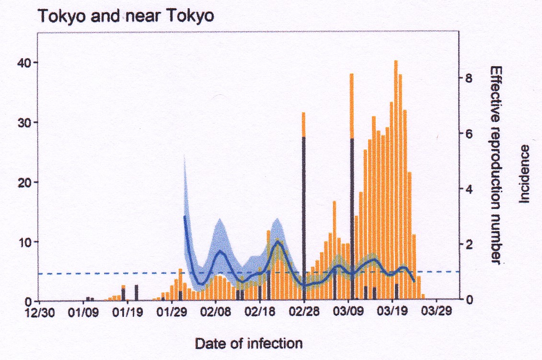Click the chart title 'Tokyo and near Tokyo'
126,16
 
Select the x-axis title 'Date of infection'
249,344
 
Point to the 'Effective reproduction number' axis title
496,165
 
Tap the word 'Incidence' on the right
524,174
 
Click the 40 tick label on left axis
24,63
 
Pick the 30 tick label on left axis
24,123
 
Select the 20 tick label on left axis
24,183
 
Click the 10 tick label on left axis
24,242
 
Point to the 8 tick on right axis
469,79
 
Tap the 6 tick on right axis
469,134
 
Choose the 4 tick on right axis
469,189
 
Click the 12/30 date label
39,312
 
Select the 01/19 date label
128,312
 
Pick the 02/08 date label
216,312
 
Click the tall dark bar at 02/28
304,218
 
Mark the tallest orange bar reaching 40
396,180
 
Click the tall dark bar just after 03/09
352,219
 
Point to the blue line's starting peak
185,216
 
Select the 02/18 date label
260,312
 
